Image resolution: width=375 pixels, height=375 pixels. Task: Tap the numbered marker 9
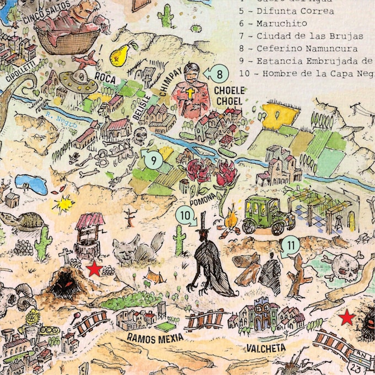pos(154,160)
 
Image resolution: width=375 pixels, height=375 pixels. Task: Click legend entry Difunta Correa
pos(287,10)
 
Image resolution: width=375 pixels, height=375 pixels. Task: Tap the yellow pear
pos(119,53)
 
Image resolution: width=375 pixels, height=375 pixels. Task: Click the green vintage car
pos(269,214)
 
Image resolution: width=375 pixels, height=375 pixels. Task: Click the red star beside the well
pos(94,269)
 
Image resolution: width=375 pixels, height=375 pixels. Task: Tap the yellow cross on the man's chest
pos(190,94)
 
